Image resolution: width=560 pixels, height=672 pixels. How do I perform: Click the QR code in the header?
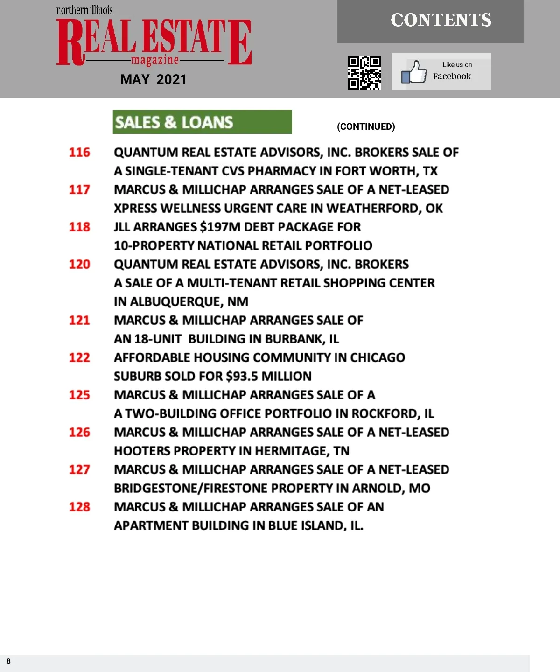(x=364, y=72)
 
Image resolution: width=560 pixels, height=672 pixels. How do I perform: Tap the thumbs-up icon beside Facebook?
(x=414, y=72)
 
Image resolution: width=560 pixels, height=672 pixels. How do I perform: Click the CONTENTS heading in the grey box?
(x=441, y=20)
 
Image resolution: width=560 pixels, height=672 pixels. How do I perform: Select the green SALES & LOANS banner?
(x=202, y=122)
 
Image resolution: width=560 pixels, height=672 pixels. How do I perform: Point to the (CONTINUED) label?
(x=366, y=126)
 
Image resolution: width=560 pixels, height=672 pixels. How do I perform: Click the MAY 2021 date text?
(x=153, y=79)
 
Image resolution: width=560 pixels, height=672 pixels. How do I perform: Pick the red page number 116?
(x=79, y=152)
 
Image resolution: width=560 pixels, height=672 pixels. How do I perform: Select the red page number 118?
(x=79, y=227)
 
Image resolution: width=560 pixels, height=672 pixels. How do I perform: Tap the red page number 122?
(x=79, y=357)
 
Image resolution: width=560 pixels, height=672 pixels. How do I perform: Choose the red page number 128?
(x=79, y=507)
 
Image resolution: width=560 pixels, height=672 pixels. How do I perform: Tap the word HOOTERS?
(x=142, y=451)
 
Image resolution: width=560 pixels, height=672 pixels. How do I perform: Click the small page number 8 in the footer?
(x=8, y=661)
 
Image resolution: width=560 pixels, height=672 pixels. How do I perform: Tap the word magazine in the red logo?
(x=155, y=61)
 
